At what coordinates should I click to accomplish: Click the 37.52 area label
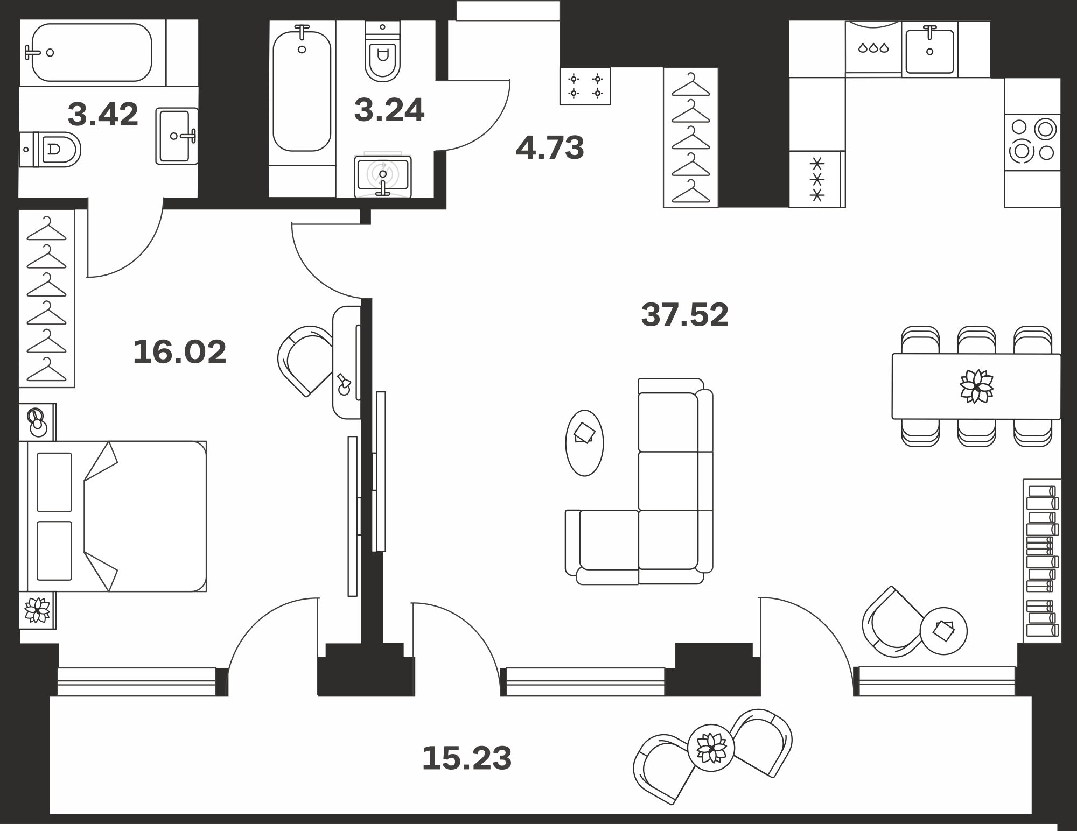[684, 315]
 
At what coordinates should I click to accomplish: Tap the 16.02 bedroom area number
[179, 352]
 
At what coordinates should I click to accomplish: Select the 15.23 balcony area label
[466, 758]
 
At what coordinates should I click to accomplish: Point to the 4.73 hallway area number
[550, 147]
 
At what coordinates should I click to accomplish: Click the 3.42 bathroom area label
[103, 114]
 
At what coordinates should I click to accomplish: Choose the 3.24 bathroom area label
[389, 110]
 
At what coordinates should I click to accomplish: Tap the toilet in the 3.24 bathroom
[382, 51]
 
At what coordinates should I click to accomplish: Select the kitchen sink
[929, 50]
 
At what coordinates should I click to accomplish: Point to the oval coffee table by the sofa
[584, 443]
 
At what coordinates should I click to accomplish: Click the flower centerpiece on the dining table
[976, 386]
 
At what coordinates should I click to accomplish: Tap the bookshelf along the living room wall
[1042, 560]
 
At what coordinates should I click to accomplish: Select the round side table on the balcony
[711, 748]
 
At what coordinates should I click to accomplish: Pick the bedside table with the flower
[37, 610]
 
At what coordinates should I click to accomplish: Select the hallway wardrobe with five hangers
[690, 137]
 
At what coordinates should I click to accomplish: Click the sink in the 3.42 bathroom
[177, 136]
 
